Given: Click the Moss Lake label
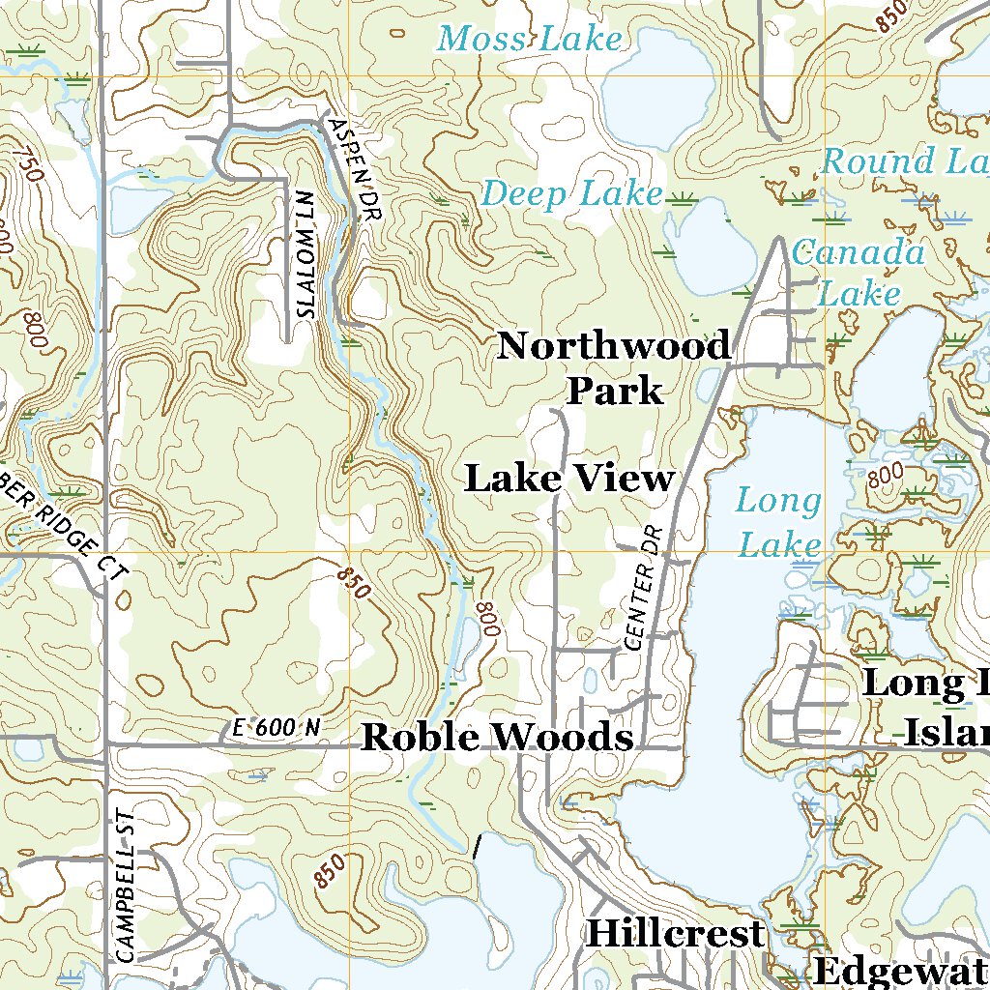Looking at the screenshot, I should [x=529, y=40].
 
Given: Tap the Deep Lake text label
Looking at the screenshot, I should [x=572, y=194].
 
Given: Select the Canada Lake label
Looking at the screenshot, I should [x=859, y=273].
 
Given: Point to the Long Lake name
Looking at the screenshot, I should [x=778, y=523].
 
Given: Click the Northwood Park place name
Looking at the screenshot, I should [x=614, y=368].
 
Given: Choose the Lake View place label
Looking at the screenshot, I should [x=569, y=478].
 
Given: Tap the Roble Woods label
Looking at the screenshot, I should [x=497, y=738].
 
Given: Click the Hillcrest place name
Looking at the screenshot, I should [x=675, y=934].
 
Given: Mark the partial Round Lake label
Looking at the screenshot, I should [x=904, y=160].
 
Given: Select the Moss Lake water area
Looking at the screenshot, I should [x=657, y=92].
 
